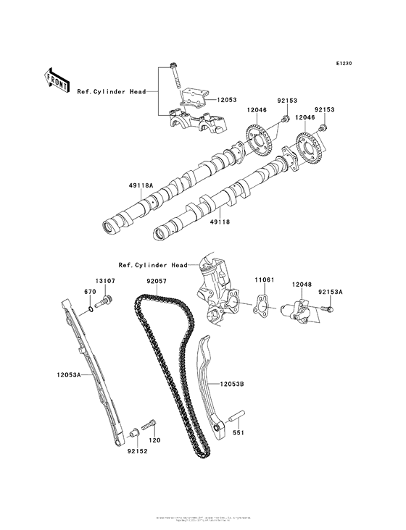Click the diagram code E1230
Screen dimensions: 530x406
[343, 64]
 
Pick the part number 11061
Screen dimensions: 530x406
[263, 278]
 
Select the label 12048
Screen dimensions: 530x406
[302, 285]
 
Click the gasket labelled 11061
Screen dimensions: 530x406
[263, 306]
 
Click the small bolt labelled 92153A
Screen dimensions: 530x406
[328, 310]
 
